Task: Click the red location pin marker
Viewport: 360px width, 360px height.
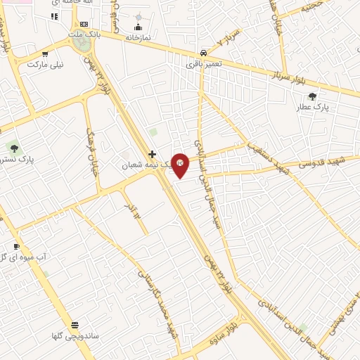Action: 180,164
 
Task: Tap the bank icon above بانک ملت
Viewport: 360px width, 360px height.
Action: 84,24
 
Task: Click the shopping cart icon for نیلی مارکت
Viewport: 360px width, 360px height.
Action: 46,54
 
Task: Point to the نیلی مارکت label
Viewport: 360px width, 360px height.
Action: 45,64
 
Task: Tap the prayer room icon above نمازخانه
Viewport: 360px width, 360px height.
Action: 138,27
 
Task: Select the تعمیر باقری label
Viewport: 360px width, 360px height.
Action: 204,64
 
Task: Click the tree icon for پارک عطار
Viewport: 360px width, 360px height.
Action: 312,97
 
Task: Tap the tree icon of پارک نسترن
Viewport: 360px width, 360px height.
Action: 13,148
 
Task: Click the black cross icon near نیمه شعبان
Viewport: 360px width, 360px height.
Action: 151,153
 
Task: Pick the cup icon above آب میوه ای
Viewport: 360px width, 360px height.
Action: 17,247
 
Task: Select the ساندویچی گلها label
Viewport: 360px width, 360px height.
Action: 75,337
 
